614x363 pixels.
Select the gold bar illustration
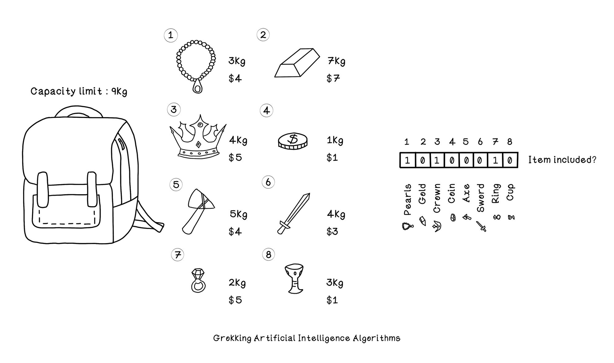click(297, 63)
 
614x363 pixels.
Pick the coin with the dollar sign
click(293, 141)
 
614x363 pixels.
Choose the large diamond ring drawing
click(198, 280)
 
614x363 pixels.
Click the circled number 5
click(176, 185)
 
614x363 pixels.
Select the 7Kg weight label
click(336, 61)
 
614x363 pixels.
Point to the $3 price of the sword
click(332, 231)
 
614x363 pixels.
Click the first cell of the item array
click(407, 160)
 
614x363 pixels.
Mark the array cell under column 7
click(495, 160)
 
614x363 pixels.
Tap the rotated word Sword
click(480, 198)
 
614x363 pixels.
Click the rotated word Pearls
click(407, 199)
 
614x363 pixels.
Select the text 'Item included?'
click(562, 160)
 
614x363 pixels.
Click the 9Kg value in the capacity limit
click(119, 92)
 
